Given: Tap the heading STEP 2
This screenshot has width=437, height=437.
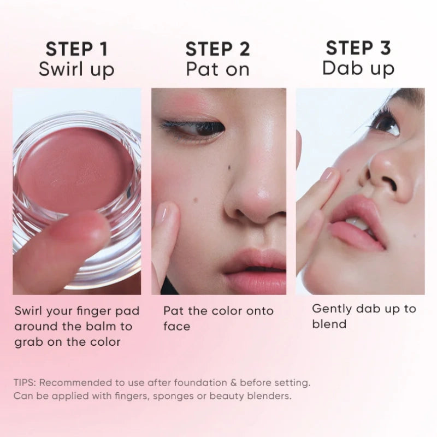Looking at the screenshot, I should tap(217, 49).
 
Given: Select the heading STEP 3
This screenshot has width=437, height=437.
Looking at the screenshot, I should tap(358, 48).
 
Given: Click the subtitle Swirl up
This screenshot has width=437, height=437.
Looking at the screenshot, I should tap(76, 70).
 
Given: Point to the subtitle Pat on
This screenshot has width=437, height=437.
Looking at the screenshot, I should tap(217, 69).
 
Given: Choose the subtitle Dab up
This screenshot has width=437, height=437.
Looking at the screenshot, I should tap(358, 68).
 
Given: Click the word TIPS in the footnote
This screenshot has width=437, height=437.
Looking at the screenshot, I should tap(25, 383).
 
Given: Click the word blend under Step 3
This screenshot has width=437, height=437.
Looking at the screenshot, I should tap(329, 324).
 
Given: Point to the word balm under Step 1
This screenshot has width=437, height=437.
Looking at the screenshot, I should tap(98, 326).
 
